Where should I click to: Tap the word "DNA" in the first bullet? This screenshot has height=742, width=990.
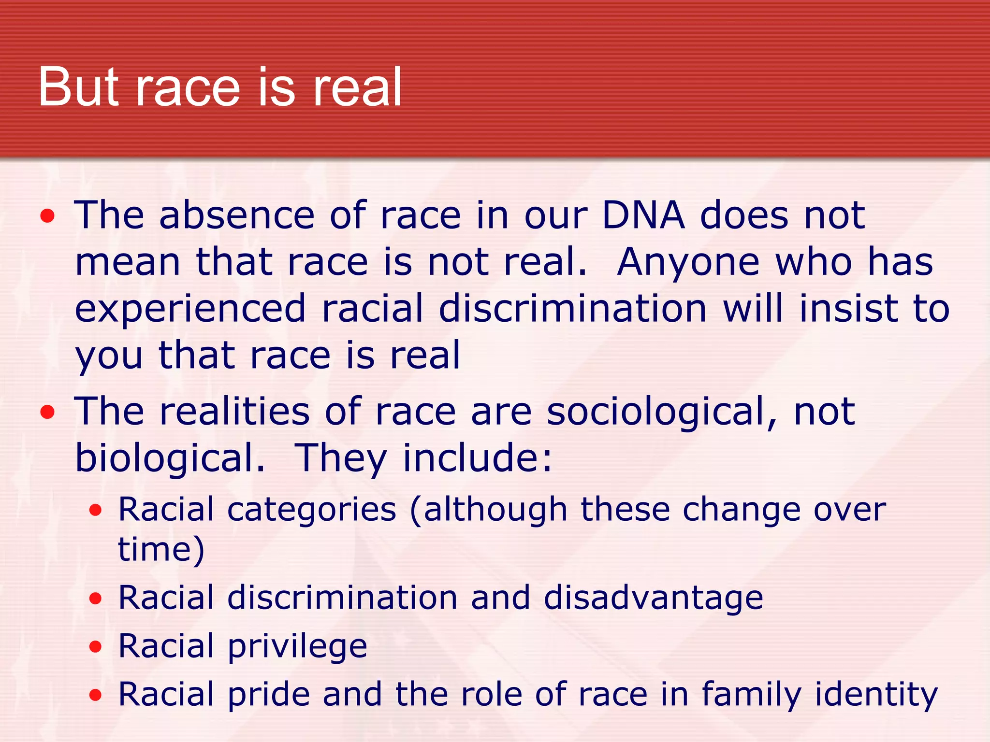(x=643, y=215)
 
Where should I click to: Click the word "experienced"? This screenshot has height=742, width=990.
(x=190, y=310)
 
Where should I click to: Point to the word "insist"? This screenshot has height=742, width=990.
(x=851, y=309)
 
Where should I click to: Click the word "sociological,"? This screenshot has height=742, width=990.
(x=662, y=412)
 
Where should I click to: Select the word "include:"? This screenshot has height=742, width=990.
(x=477, y=458)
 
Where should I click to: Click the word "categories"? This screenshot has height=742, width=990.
(x=312, y=510)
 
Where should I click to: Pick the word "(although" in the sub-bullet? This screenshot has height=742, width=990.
(x=488, y=510)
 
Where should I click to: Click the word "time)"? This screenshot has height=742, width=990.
(x=161, y=550)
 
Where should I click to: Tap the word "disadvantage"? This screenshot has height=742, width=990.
(x=653, y=598)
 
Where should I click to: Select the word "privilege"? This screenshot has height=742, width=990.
(x=297, y=646)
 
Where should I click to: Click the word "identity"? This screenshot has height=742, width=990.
(x=876, y=695)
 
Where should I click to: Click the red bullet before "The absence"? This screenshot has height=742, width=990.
(x=47, y=216)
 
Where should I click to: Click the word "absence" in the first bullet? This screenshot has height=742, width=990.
(x=237, y=215)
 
